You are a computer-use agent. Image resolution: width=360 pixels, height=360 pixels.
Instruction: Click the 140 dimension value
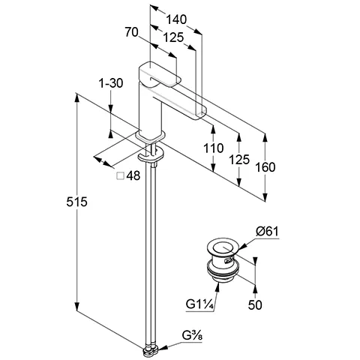coord(176,19)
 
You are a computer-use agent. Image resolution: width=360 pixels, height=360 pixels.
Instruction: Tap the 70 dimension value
coord(131,32)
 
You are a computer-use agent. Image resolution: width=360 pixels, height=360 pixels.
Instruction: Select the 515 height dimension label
coord(76,202)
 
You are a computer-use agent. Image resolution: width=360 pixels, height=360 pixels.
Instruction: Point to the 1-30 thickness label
coord(111,83)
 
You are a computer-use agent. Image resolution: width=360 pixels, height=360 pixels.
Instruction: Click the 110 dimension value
coord(213,148)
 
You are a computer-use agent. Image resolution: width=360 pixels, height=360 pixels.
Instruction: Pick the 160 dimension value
coord(265,167)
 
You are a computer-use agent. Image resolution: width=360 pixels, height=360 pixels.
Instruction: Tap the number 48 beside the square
coord(133,176)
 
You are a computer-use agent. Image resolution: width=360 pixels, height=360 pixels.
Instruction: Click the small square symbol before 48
coord(121,176)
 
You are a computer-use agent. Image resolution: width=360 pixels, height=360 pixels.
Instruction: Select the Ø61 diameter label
coord(267,232)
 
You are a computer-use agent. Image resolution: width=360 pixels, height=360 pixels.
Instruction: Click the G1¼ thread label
coord(199,304)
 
